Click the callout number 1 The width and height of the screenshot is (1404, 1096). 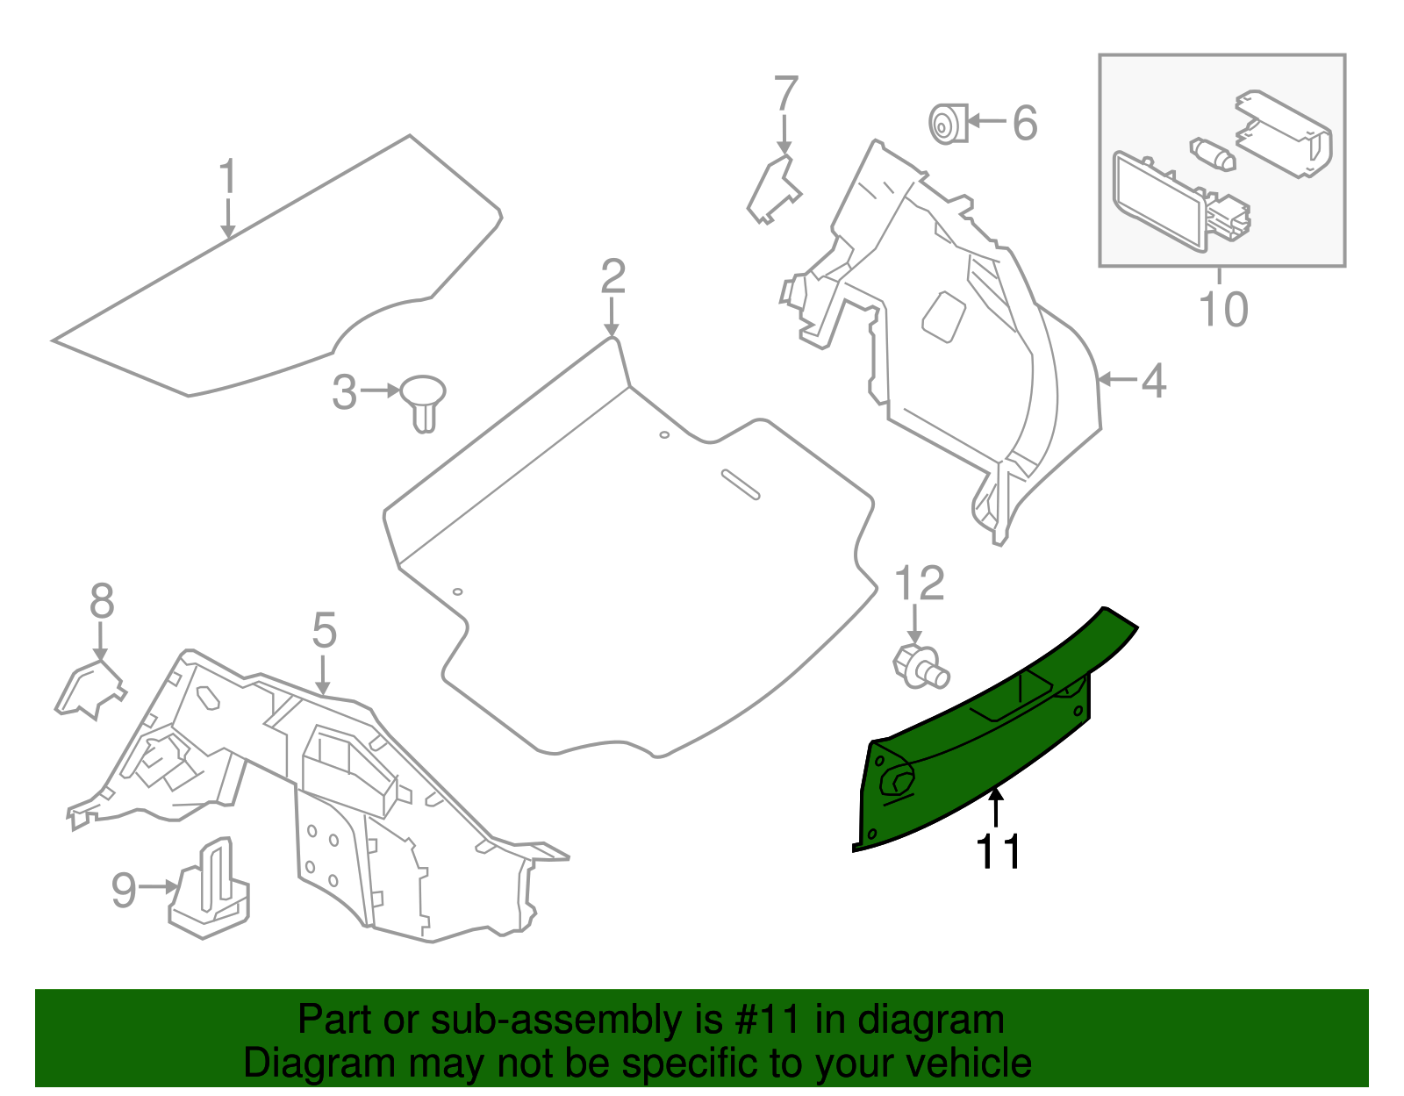(227, 177)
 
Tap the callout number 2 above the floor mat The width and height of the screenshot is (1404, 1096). (612, 277)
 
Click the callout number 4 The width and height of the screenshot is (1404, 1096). (1153, 381)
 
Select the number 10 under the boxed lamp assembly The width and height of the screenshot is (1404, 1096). (1222, 310)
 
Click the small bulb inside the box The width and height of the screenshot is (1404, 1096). (1213, 154)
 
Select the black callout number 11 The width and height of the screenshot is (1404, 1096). (999, 851)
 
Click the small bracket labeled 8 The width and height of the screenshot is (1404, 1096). (90, 689)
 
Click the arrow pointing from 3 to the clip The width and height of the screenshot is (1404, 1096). (379, 391)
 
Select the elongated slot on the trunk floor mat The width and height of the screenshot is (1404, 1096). (741, 484)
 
